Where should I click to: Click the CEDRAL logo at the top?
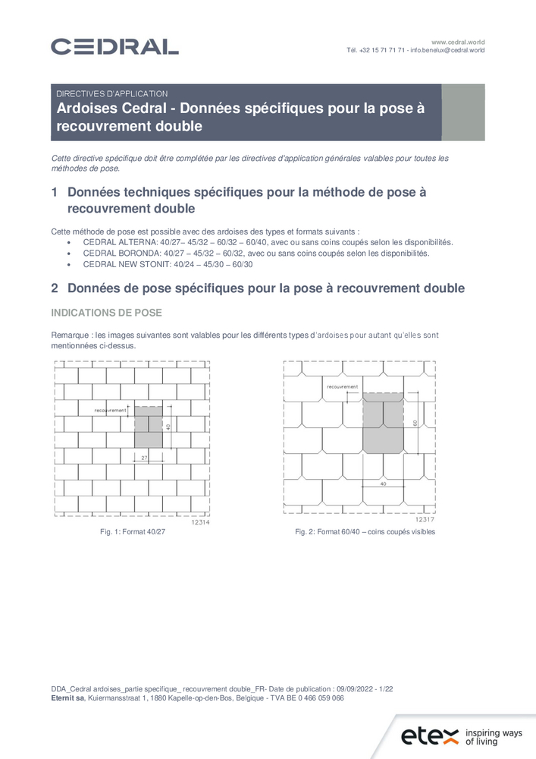coord(114,46)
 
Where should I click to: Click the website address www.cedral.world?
coord(458,41)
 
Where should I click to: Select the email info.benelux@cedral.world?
coord(447,50)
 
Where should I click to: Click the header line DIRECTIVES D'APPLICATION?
coord(112,93)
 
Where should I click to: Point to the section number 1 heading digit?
coord(55,193)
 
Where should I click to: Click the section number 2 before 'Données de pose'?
coord(55,288)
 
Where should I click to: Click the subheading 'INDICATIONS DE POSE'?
coord(105,313)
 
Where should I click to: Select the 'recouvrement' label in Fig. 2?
coord(342,386)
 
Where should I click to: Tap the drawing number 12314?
coord(199,523)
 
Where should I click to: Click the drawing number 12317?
coord(425,520)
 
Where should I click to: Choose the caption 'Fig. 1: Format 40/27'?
coord(133,532)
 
